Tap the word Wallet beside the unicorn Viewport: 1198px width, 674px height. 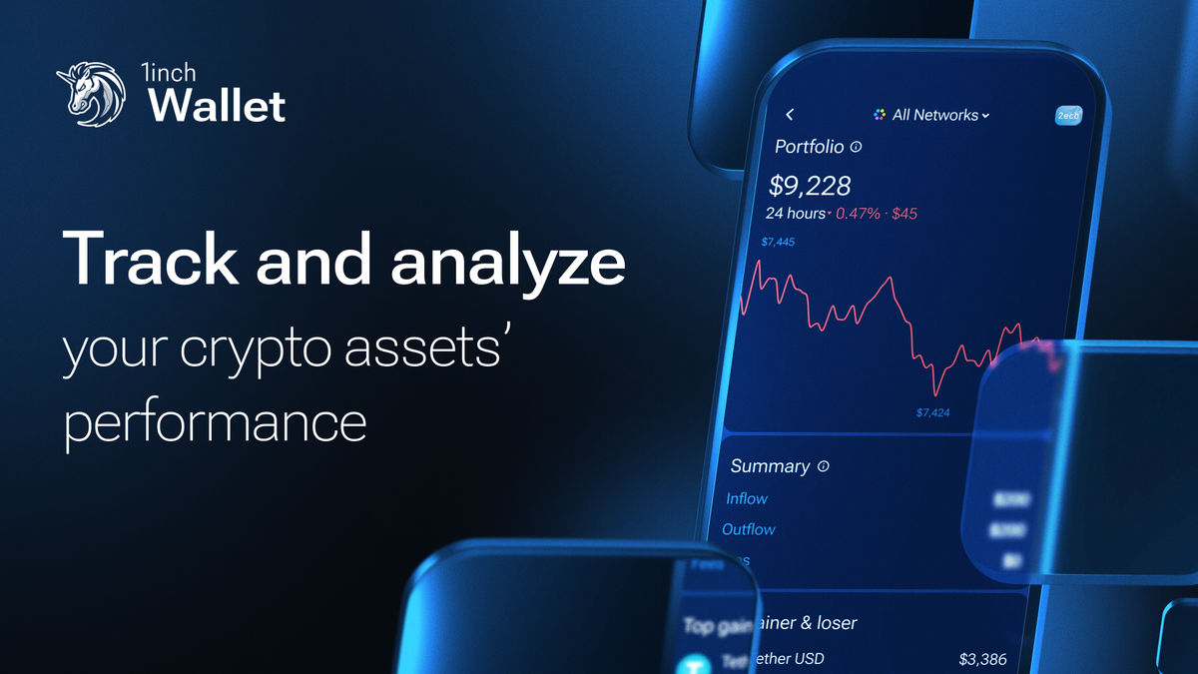217,106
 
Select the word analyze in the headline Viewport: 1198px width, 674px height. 508,262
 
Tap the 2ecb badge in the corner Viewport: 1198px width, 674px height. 1068,116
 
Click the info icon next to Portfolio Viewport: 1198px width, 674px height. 856,147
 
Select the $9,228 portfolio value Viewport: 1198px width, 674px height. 810,185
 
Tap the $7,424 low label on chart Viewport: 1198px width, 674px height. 932,411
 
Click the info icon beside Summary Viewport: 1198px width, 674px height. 824,466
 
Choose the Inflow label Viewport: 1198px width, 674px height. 747,498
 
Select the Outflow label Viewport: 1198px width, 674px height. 748,529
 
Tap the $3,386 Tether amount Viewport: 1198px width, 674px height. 982,659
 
